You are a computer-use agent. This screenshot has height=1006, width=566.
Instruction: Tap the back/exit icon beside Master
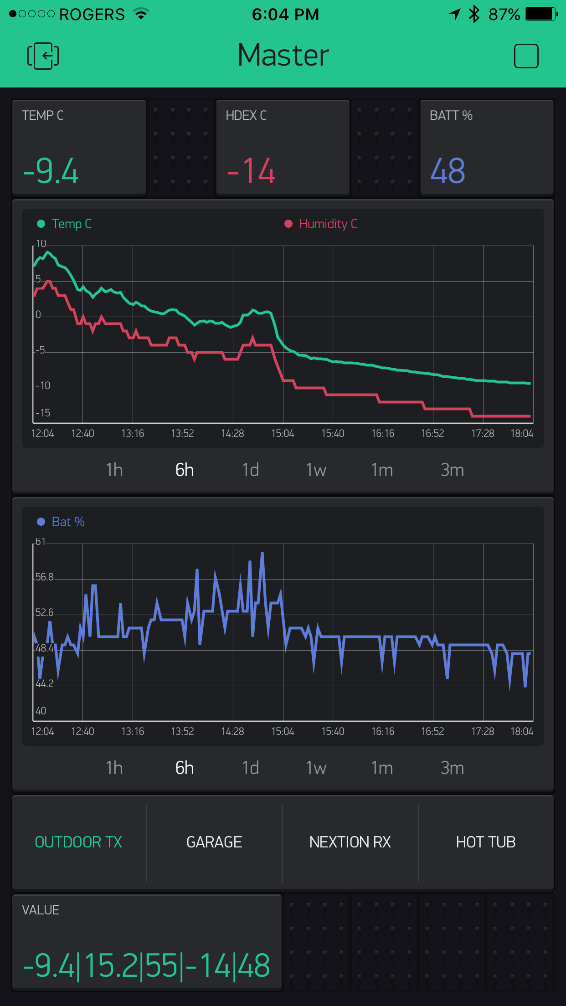43,56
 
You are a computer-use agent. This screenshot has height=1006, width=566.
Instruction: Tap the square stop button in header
526,56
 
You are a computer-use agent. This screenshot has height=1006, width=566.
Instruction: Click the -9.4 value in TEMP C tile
51,171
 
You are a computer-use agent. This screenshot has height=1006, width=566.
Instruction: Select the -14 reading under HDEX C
251,171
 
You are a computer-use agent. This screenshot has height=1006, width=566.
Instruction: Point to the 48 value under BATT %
448,171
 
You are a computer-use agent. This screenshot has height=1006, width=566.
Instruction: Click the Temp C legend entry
65,224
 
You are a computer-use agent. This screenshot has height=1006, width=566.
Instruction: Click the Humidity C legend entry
321,224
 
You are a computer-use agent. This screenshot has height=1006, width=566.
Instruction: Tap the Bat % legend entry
61,522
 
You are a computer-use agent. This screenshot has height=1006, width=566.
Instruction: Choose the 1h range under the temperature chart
114,470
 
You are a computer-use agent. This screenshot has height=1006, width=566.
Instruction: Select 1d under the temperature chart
250,470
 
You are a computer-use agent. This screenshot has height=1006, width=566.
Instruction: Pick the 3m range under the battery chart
452,768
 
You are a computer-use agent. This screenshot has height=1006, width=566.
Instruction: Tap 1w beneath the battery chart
316,768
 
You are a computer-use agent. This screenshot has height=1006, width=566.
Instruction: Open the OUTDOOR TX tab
78,842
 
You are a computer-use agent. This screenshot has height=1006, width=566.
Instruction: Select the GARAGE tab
214,842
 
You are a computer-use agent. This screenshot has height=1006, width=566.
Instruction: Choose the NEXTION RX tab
350,842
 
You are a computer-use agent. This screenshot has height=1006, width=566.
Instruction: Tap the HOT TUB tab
486,842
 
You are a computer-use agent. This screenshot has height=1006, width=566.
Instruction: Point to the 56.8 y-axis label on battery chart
45,577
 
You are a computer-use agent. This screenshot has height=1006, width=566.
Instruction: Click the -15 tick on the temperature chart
43,413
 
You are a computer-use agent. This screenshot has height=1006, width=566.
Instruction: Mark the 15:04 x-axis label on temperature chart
283,433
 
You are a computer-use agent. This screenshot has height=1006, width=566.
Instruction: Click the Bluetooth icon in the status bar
474,14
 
